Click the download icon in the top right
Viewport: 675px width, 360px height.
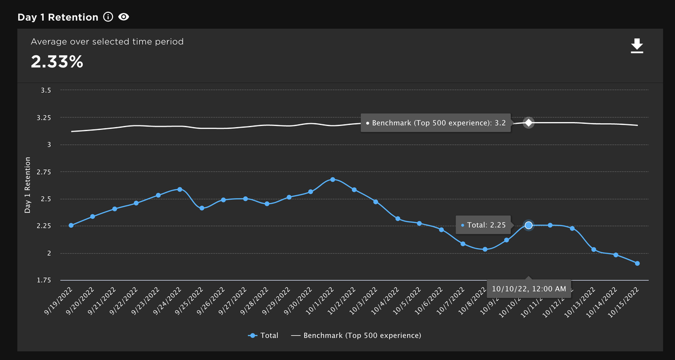coord(637,46)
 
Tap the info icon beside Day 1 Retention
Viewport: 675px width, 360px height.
coord(108,17)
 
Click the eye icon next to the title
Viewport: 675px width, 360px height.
coord(124,17)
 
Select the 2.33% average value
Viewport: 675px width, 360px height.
coord(57,62)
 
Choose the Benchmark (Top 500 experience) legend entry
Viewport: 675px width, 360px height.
coord(356,335)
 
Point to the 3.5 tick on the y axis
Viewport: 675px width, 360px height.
coord(46,91)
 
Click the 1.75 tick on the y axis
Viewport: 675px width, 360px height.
coord(44,280)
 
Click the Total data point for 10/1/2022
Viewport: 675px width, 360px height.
coord(332,179)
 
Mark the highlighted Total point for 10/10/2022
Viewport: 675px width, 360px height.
coord(528,225)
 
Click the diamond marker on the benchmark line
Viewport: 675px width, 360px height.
coord(528,123)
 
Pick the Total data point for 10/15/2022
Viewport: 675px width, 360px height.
coord(637,263)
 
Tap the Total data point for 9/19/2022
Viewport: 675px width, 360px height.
coord(71,225)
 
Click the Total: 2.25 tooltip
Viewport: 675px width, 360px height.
coord(483,225)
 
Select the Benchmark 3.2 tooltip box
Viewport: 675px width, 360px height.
coord(436,123)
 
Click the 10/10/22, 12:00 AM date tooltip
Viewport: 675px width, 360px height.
coord(529,288)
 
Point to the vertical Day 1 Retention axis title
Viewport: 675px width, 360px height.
coord(28,185)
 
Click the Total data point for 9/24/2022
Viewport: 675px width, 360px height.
coord(180,189)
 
